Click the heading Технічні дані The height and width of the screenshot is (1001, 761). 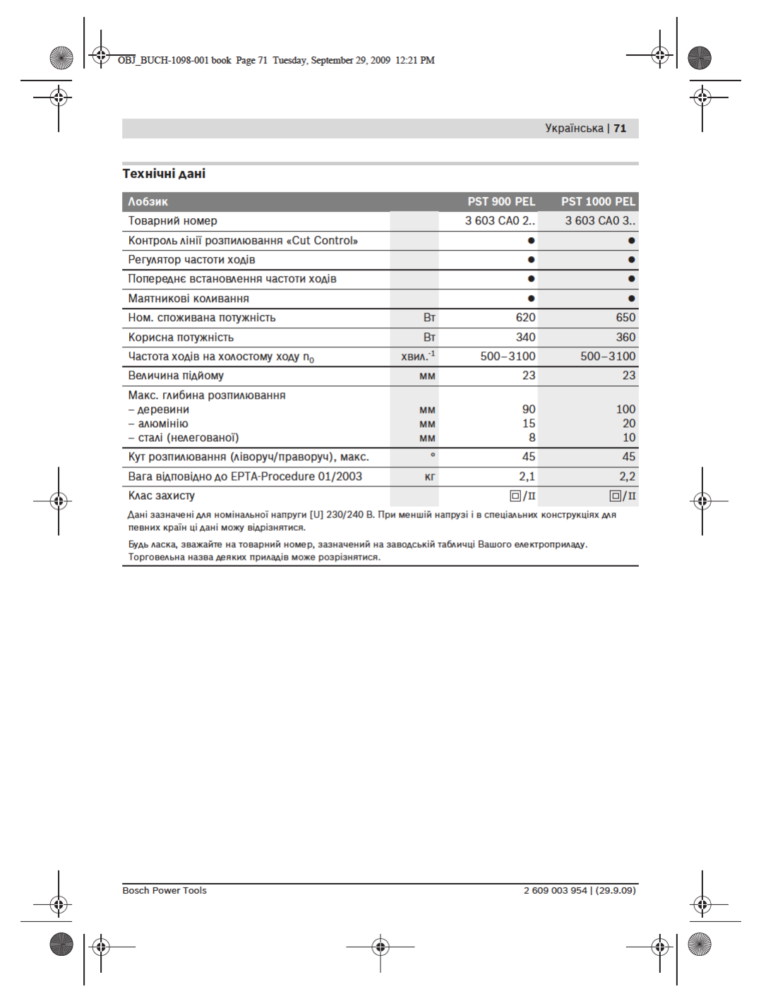click(164, 174)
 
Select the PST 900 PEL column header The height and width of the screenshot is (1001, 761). click(501, 202)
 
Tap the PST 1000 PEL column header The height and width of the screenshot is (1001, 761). click(598, 202)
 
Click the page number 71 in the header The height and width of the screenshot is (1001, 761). click(620, 128)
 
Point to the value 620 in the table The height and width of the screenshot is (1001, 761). click(525, 318)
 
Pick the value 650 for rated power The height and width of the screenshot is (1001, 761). click(625, 318)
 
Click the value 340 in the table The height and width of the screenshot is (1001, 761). click(525, 337)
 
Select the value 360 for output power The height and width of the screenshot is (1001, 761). click(625, 337)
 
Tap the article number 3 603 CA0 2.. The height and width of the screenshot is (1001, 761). click(500, 221)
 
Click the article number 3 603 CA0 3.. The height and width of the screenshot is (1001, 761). click(600, 221)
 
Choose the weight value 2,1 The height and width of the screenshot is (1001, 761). click(527, 476)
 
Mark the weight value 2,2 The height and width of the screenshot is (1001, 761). click(627, 476)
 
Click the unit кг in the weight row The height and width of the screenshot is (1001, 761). click(430, 477)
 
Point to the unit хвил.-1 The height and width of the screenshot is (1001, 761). click(418, 356)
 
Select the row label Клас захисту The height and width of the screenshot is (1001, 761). click(162, 496)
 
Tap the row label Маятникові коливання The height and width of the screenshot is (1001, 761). click(188, 299)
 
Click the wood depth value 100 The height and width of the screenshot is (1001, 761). click(625, 409)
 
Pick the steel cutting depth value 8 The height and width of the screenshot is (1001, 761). click(532, 438)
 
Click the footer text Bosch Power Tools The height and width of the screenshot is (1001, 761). click(164, 891)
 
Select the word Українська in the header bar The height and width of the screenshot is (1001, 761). click(574, 128)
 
